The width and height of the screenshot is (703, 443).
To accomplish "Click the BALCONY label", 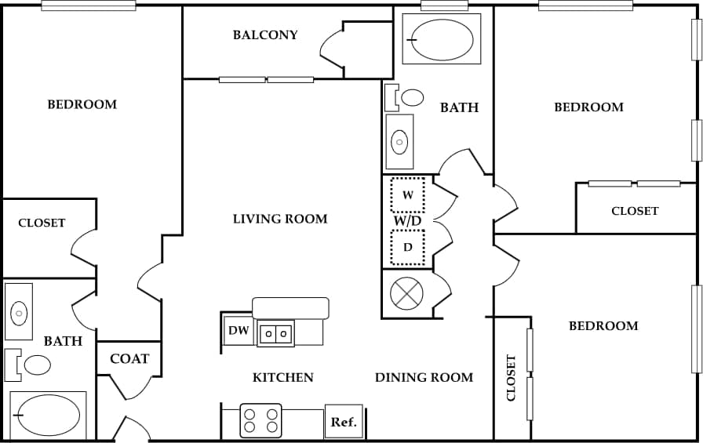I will click(x=265, y=34).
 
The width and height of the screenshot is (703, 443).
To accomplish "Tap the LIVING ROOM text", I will click(x=280, y=219).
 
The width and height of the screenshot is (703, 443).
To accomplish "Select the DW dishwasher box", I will click(x=239, y=331).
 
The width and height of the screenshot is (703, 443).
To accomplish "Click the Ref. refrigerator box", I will click(x=344, y=422).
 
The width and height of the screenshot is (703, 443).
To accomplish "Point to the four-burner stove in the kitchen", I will click(x=260, y=420).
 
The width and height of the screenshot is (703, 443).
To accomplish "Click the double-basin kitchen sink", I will click(x=275, y=333).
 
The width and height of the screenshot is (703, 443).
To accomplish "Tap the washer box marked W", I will click(x=407, y=195).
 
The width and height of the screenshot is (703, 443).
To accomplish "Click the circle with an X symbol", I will click(x=406, y=294).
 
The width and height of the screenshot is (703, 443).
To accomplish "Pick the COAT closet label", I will click(x=129, y=359).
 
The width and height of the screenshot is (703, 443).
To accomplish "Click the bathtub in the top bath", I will click(x=442, y=39).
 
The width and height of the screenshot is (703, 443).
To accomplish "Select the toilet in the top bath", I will click(x=405, y=97).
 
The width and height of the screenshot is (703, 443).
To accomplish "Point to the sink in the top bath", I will click(x=399, y=142).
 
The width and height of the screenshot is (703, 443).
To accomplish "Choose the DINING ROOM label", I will click(x=424, y=377).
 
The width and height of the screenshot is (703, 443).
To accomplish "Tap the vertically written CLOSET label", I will click(x=511, y=378).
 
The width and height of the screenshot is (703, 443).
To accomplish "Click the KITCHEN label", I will click(x=282, y=377).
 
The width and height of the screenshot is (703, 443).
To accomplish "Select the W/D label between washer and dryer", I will click(x=407, y=221).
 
